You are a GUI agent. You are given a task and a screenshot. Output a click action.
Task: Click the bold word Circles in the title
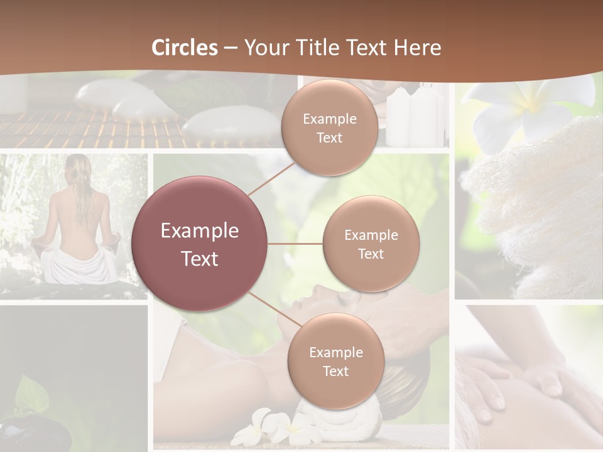(x=185, y=48)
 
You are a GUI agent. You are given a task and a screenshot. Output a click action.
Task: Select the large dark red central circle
(x=200, y=244)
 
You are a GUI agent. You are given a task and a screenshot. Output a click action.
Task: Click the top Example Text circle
(x=329, y=127)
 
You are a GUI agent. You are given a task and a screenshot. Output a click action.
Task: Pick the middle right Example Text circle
(x=371, y=244)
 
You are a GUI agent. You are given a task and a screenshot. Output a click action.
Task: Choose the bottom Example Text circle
(x=335, y=361)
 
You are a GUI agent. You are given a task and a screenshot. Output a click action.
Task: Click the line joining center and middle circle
(x=295, y=244)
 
